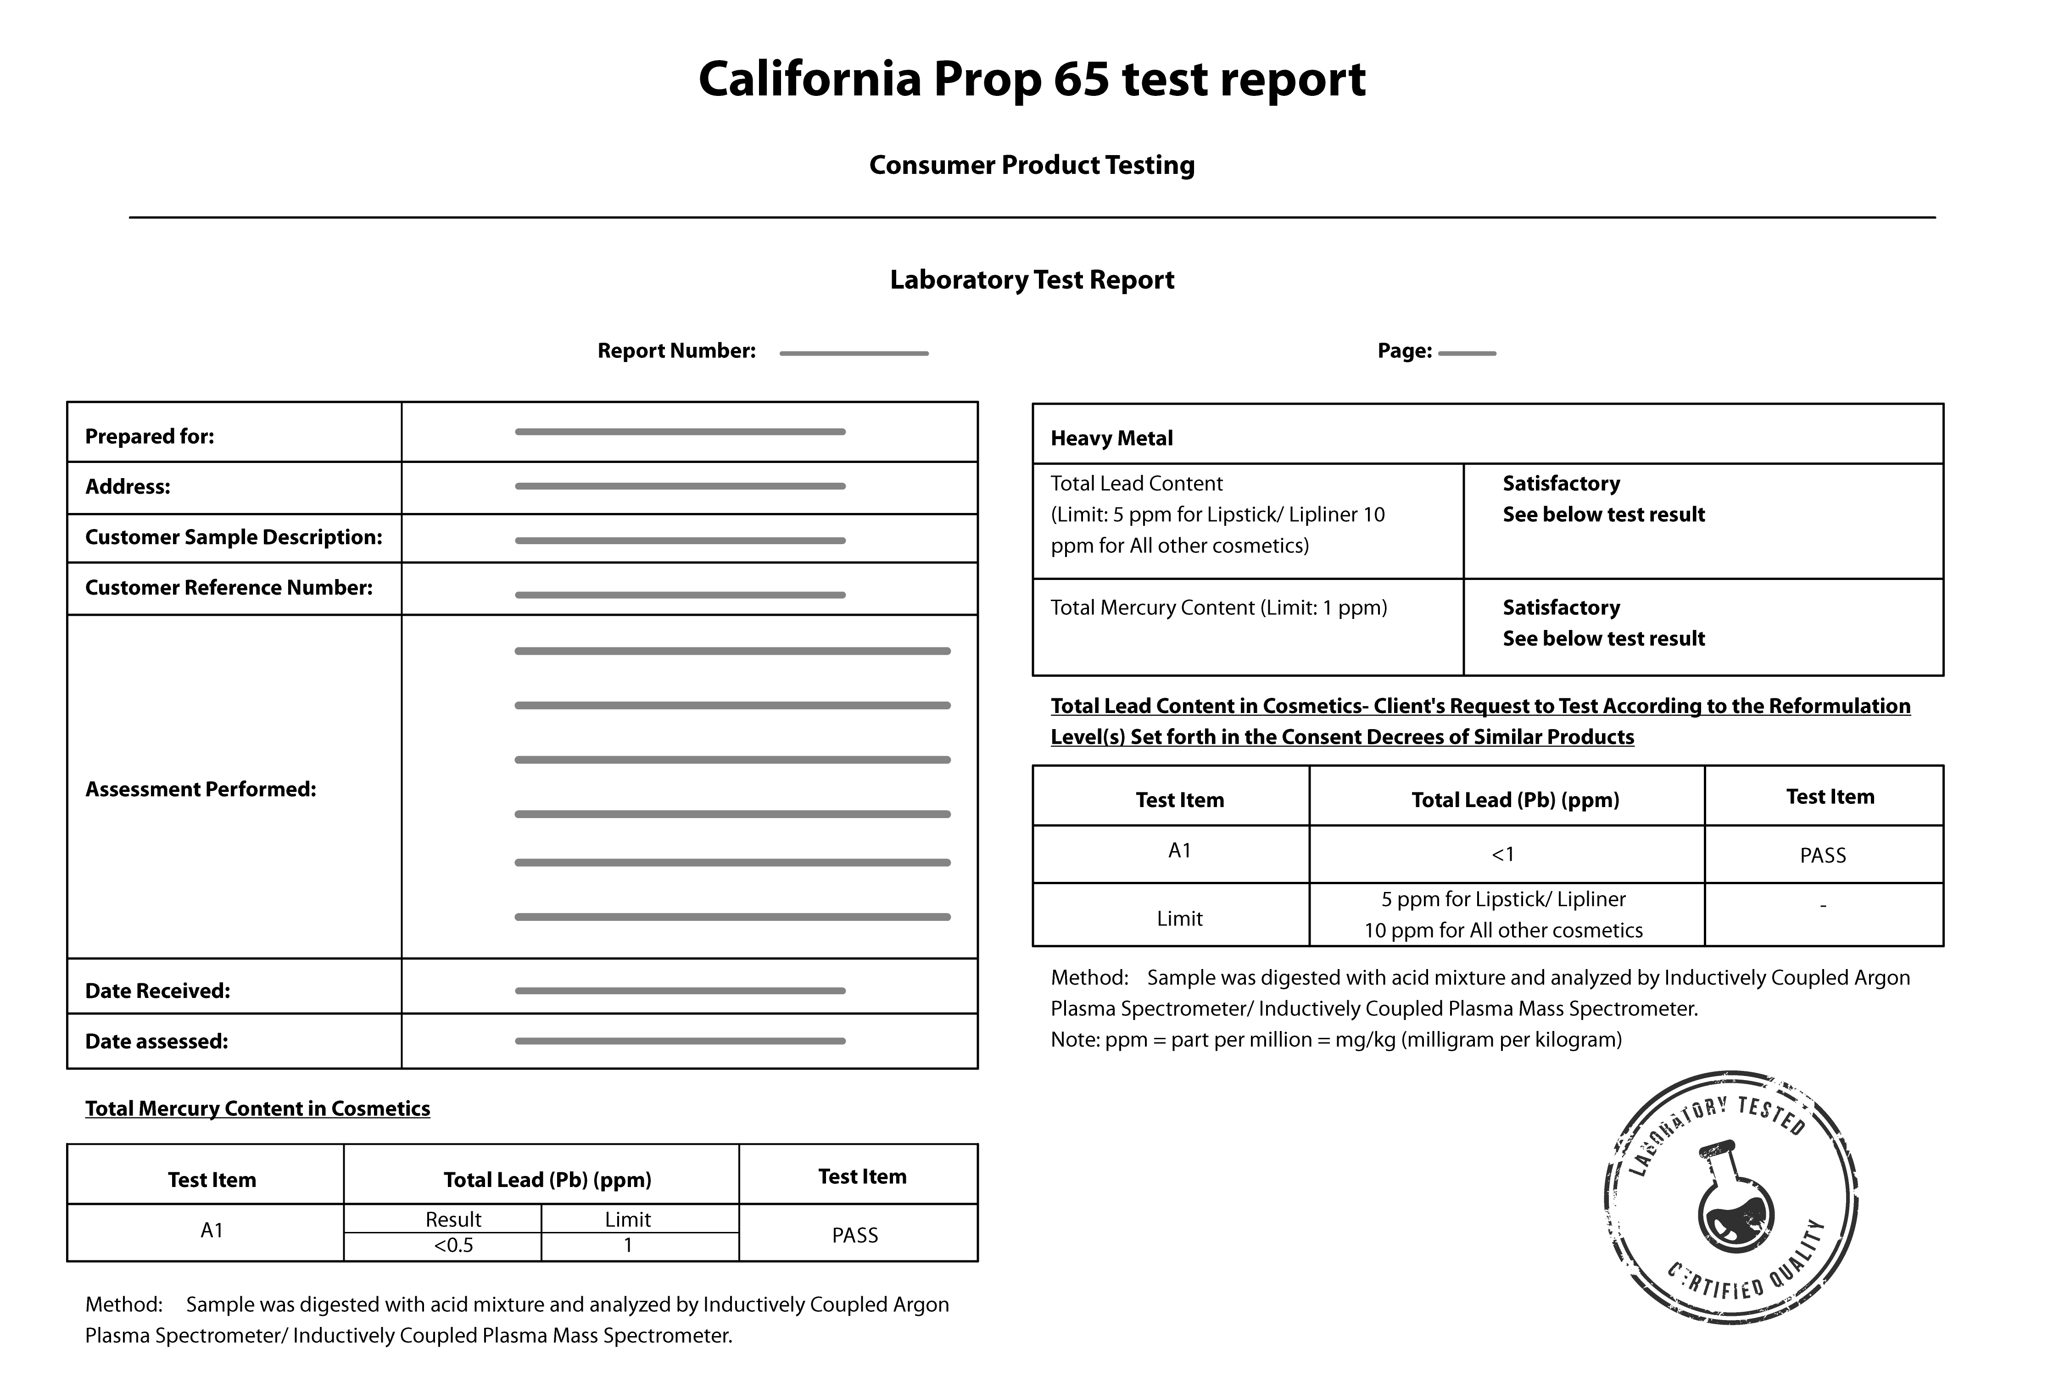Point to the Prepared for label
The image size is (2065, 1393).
click(x=149, y=436)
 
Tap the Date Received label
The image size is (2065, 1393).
click(x=157, y=991)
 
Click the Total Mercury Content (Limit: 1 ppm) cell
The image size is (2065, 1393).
click(x=1218, y=607)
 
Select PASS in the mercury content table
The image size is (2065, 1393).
click(x=855, y=1235)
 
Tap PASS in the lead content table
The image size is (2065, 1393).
click(x=1822, y=856)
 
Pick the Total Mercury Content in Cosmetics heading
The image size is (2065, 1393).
click(x=258, y=1109)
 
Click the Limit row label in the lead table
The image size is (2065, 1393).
click(x=1179, y=919)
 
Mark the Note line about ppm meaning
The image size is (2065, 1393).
click(x=1335, y=1039)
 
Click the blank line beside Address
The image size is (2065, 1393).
click(x=680, y=486)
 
